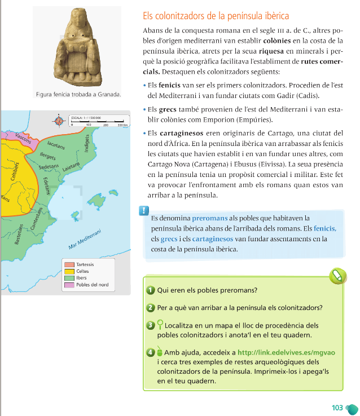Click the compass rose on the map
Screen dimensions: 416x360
[59, 120]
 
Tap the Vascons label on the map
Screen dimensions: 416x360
[23, 137]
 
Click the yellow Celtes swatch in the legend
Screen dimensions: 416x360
[68, 271]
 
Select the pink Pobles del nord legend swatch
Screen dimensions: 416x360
[68, 285]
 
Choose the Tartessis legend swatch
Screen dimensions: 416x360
[68, 264]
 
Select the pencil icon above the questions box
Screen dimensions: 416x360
[337, 275]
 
